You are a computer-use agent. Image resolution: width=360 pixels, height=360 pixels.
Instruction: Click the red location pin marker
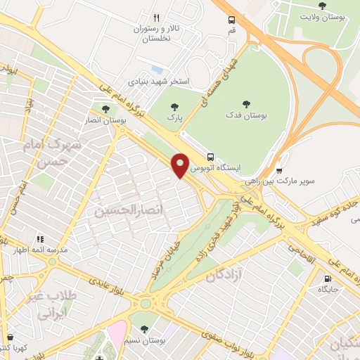[181, 165]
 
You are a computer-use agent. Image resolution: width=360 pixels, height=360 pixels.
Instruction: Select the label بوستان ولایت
[322, 17]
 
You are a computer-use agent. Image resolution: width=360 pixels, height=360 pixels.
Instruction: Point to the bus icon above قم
[232, 21]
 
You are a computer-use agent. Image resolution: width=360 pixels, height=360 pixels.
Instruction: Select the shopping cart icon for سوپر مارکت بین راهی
[280, 170]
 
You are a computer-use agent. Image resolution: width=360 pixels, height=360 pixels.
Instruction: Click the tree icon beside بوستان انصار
[105, 109]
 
